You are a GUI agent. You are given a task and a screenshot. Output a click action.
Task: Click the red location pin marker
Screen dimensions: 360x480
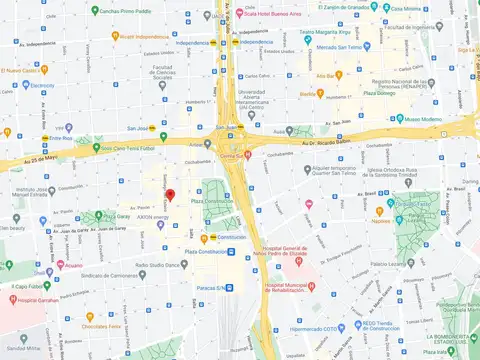pyautogui.click(x=170, y=196)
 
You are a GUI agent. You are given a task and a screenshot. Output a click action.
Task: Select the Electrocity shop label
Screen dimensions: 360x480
pyautogui.click(x=40, y=85)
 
